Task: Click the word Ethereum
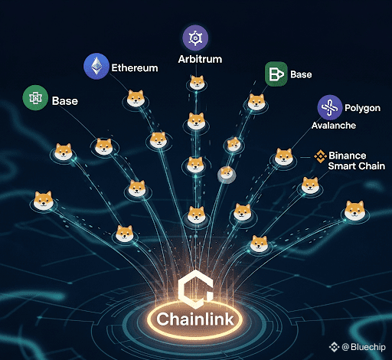click(135, 68)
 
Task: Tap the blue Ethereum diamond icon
click(96, 66)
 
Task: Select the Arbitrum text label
click(200, 59)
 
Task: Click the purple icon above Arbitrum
click(195, 38)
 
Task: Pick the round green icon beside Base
click(35, 98)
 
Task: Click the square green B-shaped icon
click(276, 74)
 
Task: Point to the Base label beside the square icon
click(301, 74)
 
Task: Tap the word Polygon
click(362, 108)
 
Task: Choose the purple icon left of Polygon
click(330, 107)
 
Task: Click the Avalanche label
click(334, 126)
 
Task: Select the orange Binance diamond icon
click(320, 156)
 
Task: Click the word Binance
click(348, 155)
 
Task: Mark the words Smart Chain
click(357, 166)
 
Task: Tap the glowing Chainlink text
click(195, 319)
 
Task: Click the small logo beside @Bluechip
click(334, 347)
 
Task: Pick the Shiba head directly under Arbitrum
click(197, 82)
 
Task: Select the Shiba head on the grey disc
click(227, 173)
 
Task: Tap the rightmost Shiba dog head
click(354, 211)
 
